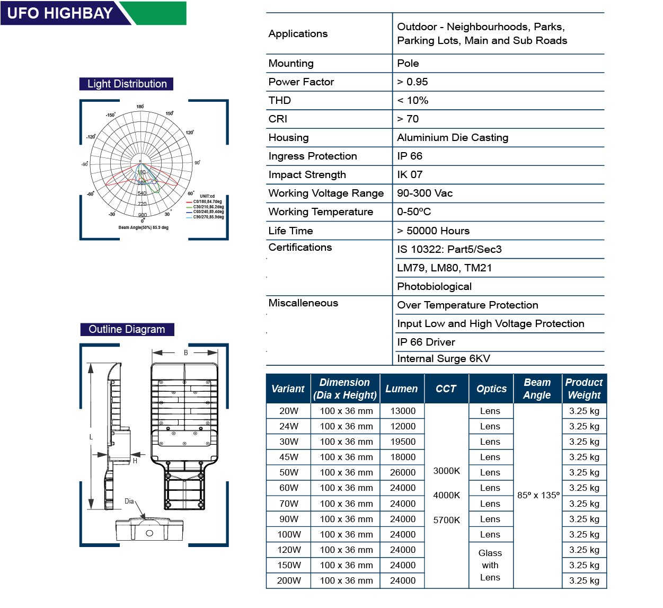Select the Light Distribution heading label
(127, 84)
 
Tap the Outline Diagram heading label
(127, 329)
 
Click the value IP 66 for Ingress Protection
(410, 156)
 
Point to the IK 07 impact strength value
(410, 174)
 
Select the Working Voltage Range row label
(326, 193)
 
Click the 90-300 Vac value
(425, 193)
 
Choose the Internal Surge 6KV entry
(444, 358)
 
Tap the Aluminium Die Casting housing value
(453, 137)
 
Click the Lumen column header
(401, 389)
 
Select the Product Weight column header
(584, 389)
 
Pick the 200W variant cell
(289, 580)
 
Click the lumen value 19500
(403, 442)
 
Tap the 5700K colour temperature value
(447, 520)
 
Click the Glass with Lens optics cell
(490, 565)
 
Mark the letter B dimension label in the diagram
(185, 353)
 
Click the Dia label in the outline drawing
(129, 501)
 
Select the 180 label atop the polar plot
(140, 107)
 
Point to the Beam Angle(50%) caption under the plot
(143, 227)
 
